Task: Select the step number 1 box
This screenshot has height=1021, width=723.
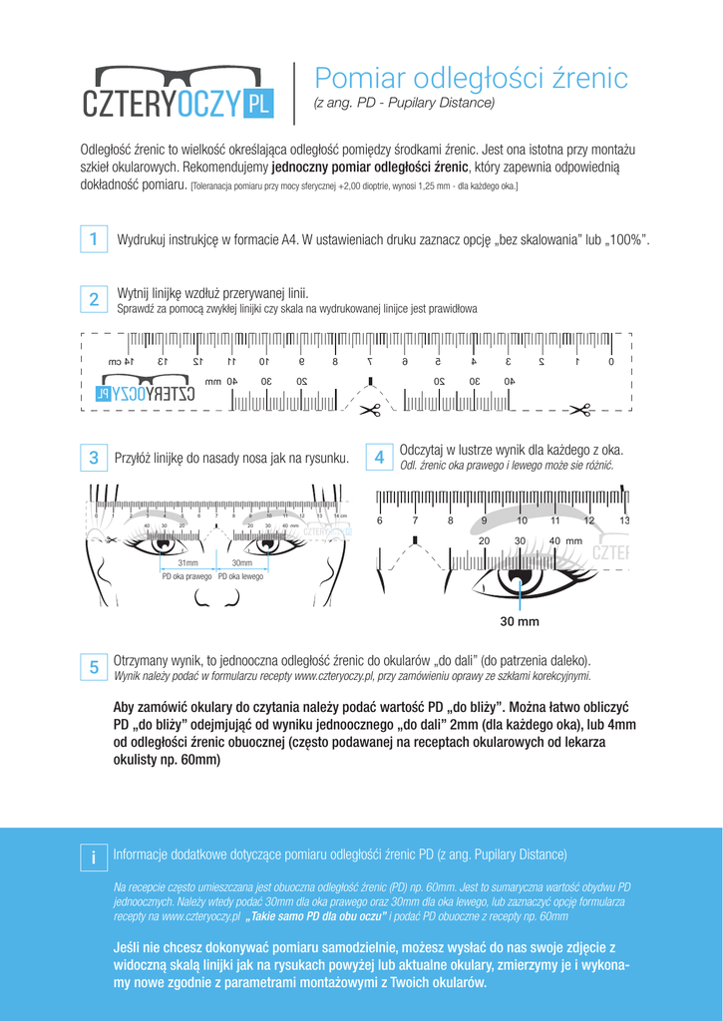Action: coord(92,239)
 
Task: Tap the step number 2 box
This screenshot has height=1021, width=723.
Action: coord(92,299)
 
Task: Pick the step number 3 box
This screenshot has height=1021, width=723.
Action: coord(92,458)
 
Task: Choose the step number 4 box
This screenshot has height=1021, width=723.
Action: coord(379,458)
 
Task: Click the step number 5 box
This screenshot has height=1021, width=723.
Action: coord(92,667)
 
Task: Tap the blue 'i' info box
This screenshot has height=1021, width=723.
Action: coord(92,856)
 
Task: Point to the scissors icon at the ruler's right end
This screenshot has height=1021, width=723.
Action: coord(580,408)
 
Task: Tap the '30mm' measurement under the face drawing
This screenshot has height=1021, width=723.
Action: coord(241,563)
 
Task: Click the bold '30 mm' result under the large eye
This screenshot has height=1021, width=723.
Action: coord(520,621)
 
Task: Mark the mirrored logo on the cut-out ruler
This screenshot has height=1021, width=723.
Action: coord(144,394)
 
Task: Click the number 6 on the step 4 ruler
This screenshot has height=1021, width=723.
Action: coord(380,520)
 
